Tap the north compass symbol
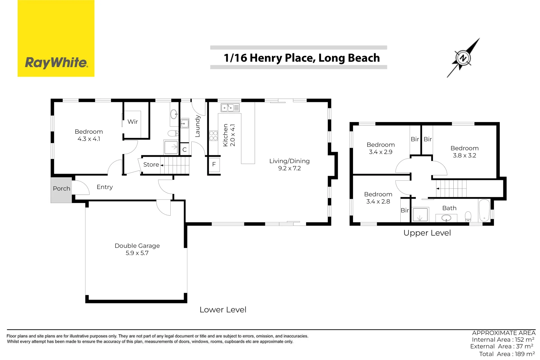(463, 58)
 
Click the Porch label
(61, 189)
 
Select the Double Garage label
(137, 246)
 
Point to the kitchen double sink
(230, 108)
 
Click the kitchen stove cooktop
(213, 136)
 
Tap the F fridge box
(214, 164)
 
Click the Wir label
(133, 122)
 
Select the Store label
(151, 165)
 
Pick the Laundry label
(197, 126)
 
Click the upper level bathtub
(484, 210)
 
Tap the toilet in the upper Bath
(468, 216)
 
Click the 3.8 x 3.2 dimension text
(464, 155)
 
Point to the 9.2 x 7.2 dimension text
(289, 168)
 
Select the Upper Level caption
(427, 233)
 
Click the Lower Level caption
(223, 310)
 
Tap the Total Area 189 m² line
(507, 354)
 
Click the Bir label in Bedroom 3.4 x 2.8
(405, 210)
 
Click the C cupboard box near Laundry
(184, 150)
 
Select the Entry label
(105, 187)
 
